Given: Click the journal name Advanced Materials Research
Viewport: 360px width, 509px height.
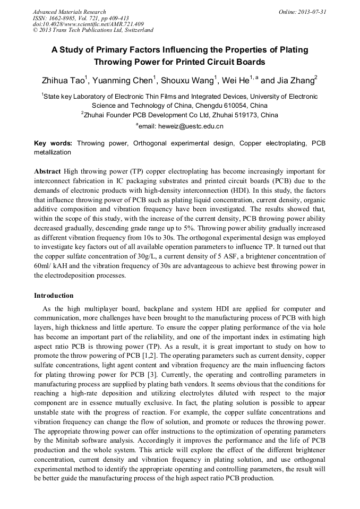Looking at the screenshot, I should [x=69, y=12].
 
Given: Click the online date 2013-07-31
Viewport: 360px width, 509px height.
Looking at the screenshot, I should [x=302, y=12].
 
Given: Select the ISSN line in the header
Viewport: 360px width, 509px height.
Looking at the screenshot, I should [x=81, y=18].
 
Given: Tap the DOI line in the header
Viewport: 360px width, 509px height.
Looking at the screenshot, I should [x=88, y=24].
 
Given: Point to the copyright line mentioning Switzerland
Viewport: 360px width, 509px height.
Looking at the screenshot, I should [x=93, y=30].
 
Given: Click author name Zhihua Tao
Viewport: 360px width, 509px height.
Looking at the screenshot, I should [x=63, y=81].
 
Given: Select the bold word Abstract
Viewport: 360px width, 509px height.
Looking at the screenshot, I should [x=47, y=172].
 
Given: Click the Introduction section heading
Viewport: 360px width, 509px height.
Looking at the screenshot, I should [x=54, y=295].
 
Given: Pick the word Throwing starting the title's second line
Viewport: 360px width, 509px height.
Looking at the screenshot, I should [x=130, y=61].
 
